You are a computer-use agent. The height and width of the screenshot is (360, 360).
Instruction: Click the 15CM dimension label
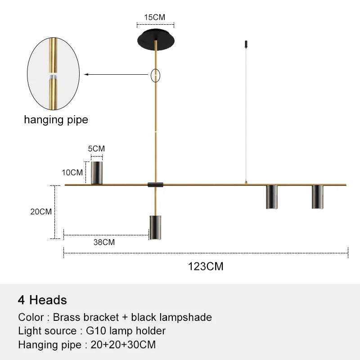tap(154, 17)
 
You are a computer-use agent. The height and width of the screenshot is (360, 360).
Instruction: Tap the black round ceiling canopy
tap(156, 40)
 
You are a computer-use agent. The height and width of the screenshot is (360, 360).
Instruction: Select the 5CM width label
tap(96, 148)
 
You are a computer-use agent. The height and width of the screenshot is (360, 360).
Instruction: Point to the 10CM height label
tap(72, 172)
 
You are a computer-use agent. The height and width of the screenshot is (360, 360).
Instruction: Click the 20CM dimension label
tap(41, 211)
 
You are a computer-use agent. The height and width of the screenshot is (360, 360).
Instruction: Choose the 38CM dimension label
tap(104, 242)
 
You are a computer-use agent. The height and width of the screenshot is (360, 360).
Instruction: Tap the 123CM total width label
tap(206, 266)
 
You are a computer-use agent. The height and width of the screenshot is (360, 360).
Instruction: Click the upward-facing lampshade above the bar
tap(97, 173)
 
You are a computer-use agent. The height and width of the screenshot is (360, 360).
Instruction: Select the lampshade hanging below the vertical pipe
tap(155, 227)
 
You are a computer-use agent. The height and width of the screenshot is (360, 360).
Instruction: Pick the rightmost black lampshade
tap(318, 197)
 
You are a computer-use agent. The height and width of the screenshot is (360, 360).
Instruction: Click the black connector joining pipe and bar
tap(155, 184)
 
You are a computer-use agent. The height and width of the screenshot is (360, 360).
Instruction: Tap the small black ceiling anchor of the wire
tap(246, 44)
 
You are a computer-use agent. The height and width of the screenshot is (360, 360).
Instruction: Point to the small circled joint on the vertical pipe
tap(155, 76)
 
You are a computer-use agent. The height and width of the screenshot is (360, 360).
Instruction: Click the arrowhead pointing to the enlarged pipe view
tap(86, 74)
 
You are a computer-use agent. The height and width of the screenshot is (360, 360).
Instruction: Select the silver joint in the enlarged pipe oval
tap(53, 76)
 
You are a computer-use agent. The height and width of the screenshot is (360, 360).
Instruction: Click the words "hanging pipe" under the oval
tap(56, 120)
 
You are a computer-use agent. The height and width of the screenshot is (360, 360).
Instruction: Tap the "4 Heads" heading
tap(42, 300)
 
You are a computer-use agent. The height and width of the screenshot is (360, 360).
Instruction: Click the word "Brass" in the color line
tap(67, 317)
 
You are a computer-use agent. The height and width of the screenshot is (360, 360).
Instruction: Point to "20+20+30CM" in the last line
tap(123, 345)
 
